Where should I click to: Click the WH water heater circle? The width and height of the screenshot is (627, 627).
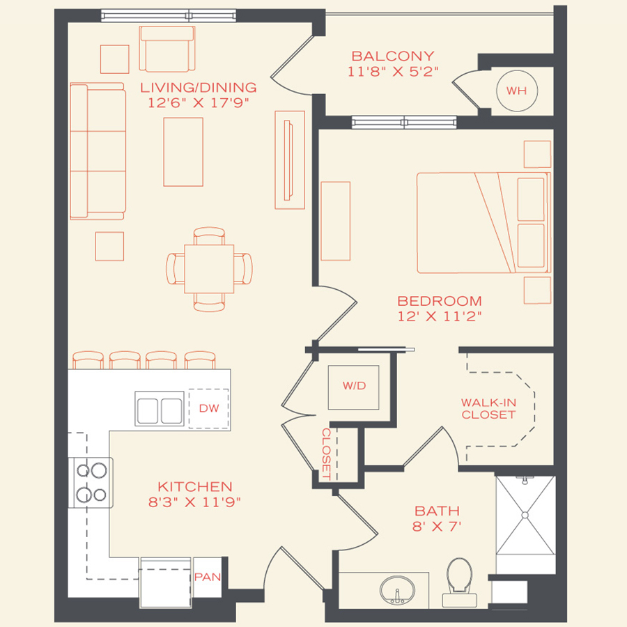pos(516,91)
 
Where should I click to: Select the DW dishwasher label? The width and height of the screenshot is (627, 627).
pos(209,408)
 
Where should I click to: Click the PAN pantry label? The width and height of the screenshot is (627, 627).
pos(207,577)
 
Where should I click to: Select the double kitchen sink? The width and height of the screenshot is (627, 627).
pos(160,408)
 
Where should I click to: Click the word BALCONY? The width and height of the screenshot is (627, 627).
pos(393,56)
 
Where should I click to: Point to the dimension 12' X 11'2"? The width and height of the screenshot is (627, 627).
pos(440,316)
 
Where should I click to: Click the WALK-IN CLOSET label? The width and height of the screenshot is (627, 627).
pos(488,408)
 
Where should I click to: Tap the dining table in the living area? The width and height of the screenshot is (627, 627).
pos(209,268)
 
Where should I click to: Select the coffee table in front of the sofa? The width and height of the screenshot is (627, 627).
pos(183,151)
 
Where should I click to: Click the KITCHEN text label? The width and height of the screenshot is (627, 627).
pos(194,486)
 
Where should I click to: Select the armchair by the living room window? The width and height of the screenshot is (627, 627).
pos(168,49)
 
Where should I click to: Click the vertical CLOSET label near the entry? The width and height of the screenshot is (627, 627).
pos(326,454)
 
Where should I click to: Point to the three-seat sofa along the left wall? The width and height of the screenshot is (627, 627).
pos(98,151)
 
